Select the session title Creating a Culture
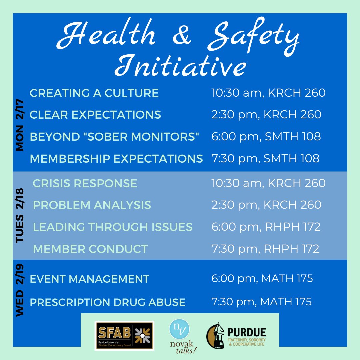pos(94,93)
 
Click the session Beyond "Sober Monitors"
pos(114,137)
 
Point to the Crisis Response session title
pos(85,183)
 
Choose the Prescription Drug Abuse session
pos(107,302)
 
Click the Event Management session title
pos(89,279)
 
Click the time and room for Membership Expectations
pos(265,159)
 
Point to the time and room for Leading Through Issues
pos(266,227)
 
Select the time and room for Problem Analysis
pos(266,205)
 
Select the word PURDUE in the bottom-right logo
pos(247,332)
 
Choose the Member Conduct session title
pos(90,249)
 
